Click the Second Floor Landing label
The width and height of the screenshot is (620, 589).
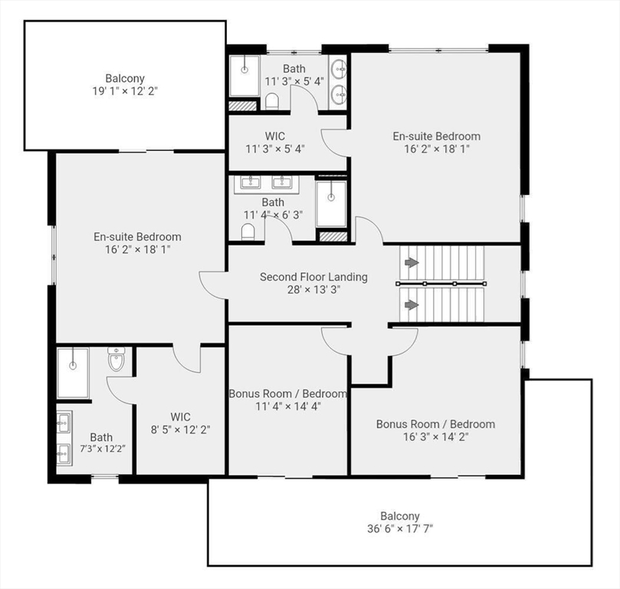click(313, 277)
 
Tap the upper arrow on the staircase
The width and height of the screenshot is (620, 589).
click(412, 262)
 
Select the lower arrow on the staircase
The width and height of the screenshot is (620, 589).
click(412, 305)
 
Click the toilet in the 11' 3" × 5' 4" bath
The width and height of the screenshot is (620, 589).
click(271, 101)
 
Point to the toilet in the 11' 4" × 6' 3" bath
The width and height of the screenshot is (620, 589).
click(248, 232)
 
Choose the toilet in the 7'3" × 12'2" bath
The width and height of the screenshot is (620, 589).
click(116, 359)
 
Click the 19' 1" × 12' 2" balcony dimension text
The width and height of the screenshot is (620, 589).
click(125, 91)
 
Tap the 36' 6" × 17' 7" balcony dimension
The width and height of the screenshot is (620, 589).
click(400, 529)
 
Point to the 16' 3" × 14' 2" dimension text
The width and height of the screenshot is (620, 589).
click(436, 436)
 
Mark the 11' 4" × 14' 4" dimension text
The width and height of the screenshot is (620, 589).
click(288, 406)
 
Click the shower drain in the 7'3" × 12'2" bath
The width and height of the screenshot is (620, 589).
click(73, 365)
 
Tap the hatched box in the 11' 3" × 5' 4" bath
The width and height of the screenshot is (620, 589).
click(243, 106)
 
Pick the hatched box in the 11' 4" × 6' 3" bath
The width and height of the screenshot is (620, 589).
click(333, 236)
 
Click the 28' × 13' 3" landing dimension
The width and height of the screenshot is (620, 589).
click(313, 290)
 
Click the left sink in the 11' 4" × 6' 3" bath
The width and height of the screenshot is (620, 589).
click(250, 183)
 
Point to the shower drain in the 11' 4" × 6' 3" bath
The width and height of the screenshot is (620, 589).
click(331, 197)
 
